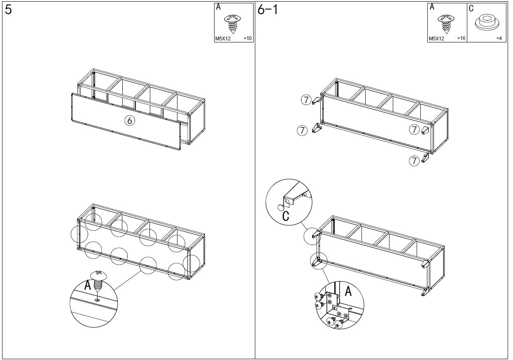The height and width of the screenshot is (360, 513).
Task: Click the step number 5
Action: (8, 10)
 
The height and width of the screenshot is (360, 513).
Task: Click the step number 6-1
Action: (268, 9)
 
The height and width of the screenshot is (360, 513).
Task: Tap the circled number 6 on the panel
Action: (130, 120)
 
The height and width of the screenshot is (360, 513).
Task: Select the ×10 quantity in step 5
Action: (247, 38)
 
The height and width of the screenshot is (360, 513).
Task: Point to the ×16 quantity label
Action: (461, 38)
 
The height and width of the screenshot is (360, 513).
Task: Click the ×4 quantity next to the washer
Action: (499, 38)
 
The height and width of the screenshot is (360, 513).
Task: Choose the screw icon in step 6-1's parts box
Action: (446, 23)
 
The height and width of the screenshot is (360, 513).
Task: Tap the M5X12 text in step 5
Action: (223, 39)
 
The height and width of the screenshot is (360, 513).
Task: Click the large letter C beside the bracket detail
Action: (286, 216)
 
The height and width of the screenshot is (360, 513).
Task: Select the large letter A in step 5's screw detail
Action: (88, 285)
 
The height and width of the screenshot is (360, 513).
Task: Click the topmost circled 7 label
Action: (306, 100)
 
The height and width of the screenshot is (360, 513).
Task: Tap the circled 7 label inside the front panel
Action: (414, 129)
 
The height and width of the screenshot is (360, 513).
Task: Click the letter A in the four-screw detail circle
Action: (348, 292)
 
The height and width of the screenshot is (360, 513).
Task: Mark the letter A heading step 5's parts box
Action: (218, 7)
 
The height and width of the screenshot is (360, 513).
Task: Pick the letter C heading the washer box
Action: (471, 8)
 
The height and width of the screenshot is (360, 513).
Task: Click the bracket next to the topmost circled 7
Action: (317, 101)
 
